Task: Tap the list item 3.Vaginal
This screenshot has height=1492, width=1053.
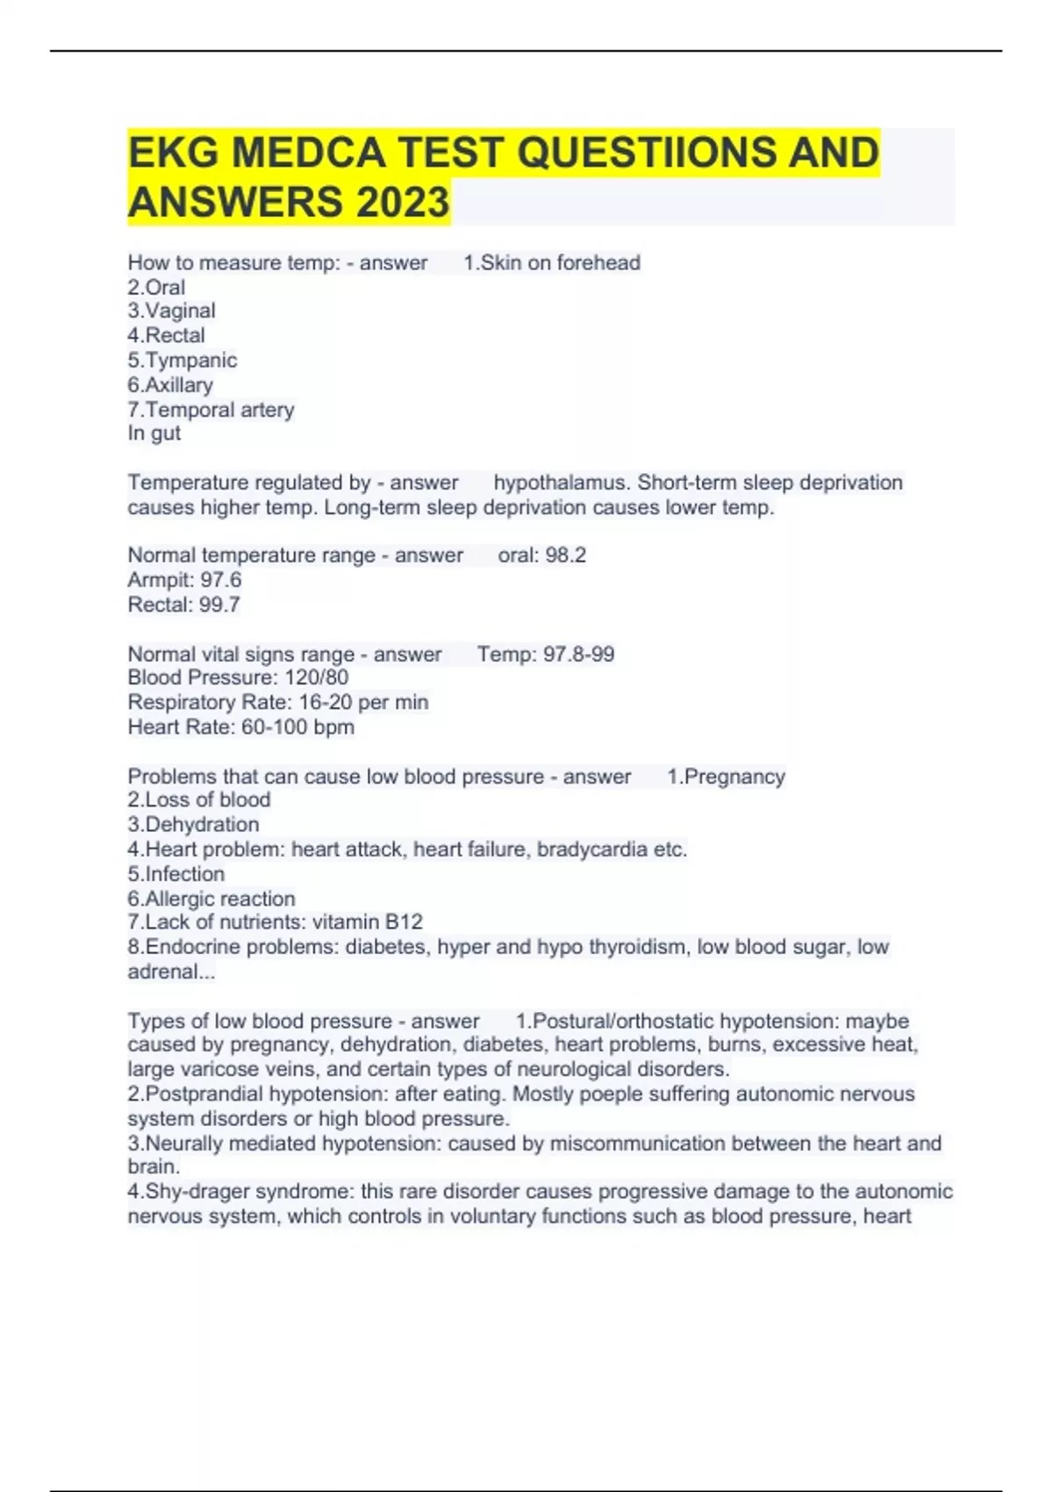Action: point(171,311)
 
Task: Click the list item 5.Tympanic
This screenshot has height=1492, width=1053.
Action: point(183,361)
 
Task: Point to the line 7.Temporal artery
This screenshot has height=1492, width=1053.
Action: point(211,410)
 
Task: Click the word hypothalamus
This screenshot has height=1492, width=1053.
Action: point(561,483)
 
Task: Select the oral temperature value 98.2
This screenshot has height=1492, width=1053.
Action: point(567,556)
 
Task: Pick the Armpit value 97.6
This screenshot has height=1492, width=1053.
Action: point(221,580)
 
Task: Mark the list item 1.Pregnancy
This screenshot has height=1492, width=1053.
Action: point(726,777)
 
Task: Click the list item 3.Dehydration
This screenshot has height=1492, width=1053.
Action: point(193,825)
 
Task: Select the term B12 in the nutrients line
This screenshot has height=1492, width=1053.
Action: point(404,922)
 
